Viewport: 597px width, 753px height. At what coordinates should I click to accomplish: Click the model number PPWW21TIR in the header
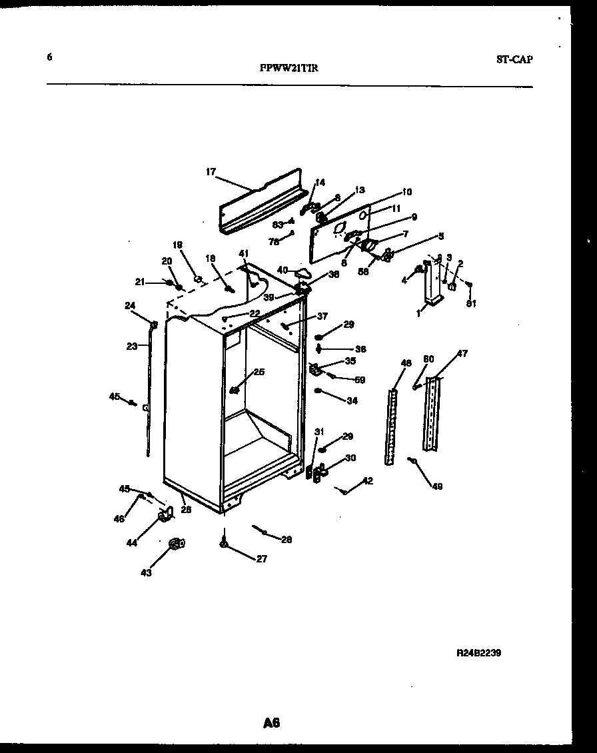(x=289, y=67)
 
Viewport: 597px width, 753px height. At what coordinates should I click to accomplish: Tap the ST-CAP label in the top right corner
(x=514, y=59)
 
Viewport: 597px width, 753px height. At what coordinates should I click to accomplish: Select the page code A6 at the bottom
(x=271, y=722)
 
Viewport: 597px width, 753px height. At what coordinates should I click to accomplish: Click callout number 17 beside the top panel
(x=211, y=172)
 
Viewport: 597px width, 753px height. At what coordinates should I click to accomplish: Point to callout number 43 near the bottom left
(x=146, y=572)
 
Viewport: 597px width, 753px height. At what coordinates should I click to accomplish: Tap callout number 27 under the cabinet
(x=262, y=559)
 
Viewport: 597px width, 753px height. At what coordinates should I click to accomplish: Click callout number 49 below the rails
(x=436, y=486)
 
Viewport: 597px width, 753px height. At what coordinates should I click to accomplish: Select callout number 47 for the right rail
(x=462, y=354)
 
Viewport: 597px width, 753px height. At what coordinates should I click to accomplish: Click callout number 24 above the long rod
(x=129, y=306)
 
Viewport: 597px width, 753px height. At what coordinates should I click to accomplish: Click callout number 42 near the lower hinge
(x=368, y=480)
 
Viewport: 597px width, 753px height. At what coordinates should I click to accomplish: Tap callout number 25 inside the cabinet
(x=259, y=372)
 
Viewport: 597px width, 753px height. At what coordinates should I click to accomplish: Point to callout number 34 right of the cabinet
(x=352, y=400)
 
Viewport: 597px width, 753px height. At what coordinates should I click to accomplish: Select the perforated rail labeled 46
(x=391, y=426)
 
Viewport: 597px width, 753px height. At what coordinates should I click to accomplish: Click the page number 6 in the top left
(x=49, y=57)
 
